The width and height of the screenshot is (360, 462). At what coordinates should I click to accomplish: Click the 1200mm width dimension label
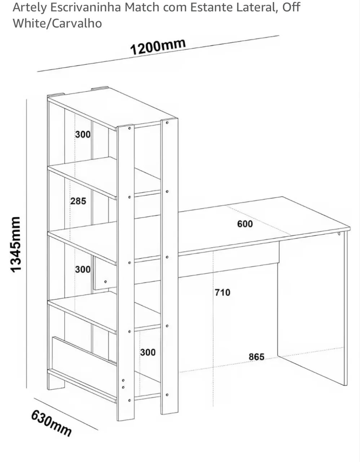tap(158, 46)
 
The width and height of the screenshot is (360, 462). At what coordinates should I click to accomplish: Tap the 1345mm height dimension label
tap(16, 244)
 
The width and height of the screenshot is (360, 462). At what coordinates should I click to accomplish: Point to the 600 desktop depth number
tap(245, 224)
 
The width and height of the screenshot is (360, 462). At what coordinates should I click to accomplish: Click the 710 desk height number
tap(222, 293)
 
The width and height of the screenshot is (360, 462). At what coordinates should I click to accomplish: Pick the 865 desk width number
tap(256, 357)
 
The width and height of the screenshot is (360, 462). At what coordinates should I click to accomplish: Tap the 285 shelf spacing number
tap(78, 201)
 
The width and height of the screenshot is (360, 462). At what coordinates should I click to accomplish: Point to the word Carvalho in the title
tap(77, 23)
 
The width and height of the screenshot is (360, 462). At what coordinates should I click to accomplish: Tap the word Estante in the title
tap(209, 7)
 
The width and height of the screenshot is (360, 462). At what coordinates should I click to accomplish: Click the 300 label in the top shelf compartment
tap(83, 134)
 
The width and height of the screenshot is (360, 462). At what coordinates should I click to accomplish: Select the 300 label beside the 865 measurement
tap(148, 352)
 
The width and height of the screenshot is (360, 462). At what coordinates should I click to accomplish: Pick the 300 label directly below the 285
tap(83, 269)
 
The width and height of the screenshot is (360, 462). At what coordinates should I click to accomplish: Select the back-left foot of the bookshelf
tap(57, 382)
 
